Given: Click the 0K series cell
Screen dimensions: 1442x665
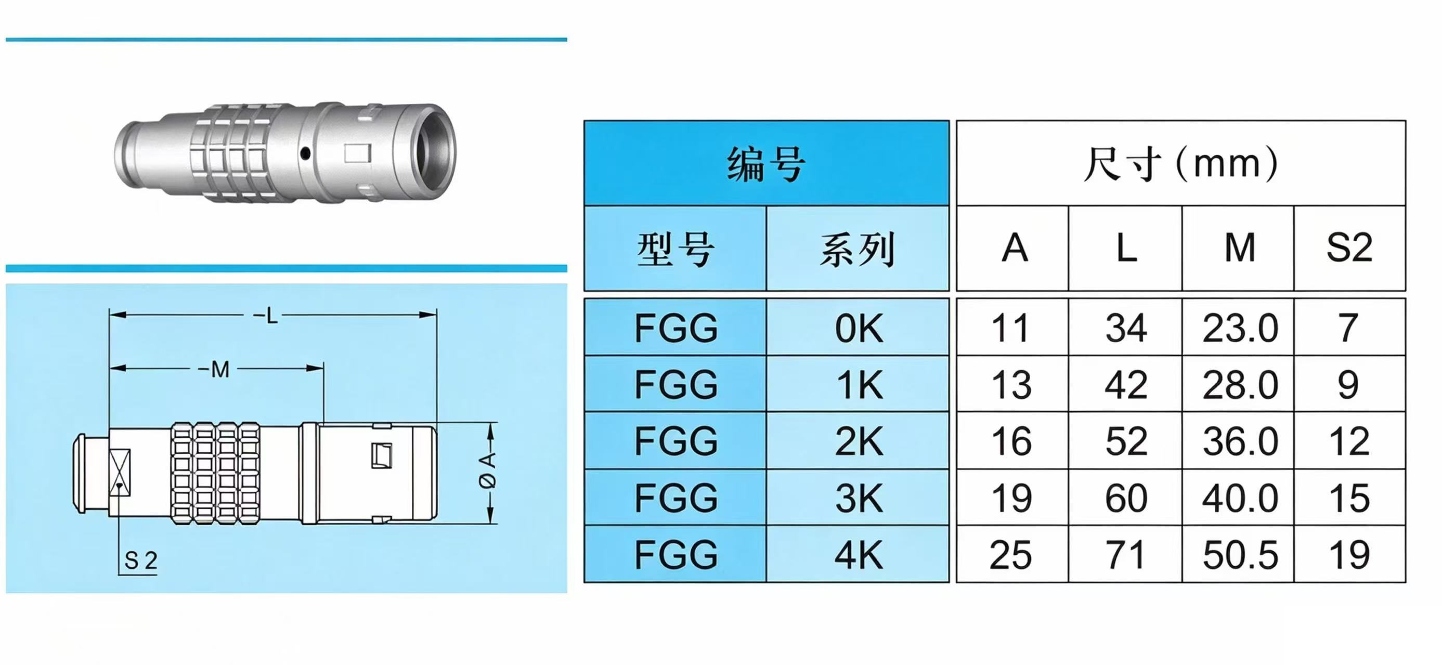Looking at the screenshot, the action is (858, 328).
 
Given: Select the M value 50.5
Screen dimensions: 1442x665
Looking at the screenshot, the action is (1240, 555).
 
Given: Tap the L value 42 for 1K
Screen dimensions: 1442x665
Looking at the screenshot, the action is (1126, 385).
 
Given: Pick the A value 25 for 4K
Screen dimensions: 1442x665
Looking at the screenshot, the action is (1010, 555).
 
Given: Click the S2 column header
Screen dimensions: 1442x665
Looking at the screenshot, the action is (1349, 247).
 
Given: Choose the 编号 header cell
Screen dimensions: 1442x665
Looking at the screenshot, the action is (767, 163).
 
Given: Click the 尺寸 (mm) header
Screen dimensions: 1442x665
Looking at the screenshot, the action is (1180, 163).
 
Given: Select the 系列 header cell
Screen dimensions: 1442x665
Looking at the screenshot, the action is (858, 249).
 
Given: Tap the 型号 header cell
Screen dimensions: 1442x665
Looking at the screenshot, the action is (675, 249).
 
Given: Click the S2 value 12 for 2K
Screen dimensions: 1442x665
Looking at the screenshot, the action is (1349, 441).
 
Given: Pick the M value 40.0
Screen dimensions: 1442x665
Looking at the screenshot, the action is (1240, 498).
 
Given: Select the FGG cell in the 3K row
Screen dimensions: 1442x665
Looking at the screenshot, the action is (675, 497).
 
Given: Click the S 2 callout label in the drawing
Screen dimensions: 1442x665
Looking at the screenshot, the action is (140, 560).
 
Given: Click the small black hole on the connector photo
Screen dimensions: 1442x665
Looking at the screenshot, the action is (305, 152).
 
